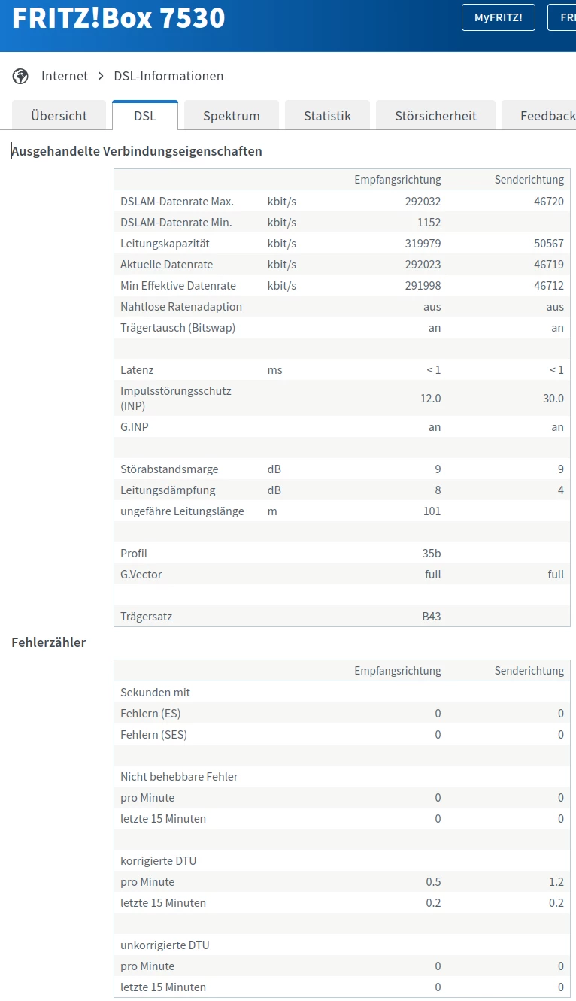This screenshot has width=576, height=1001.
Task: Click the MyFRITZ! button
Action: point(498,17)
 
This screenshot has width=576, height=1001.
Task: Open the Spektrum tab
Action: point(232,116)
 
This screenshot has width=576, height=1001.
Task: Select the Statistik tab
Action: point(327,116)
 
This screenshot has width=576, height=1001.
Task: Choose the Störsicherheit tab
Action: point(435,116)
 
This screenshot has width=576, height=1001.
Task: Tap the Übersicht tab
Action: point(59,116)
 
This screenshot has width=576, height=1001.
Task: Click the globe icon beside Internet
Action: point(20,76)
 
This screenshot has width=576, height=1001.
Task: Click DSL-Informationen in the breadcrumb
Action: point(168,76)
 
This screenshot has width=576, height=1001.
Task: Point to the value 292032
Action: point(424,202)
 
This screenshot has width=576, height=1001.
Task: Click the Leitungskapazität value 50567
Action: point(549,244)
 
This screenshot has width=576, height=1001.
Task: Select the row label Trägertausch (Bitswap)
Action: point(177,328)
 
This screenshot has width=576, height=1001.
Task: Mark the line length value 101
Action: point(432,511)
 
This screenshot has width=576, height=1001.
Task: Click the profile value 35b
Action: point(432,554)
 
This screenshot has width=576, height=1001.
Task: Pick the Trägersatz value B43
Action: point(432,617)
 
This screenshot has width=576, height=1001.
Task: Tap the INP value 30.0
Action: point(553,399)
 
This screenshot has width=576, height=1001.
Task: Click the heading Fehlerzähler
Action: point(49,642)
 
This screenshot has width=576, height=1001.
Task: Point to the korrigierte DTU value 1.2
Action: point(556,882)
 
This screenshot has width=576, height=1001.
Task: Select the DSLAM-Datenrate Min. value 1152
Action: point(428,223)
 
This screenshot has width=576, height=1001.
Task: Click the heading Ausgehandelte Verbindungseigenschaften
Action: point(137,151)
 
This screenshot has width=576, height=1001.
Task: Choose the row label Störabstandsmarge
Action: point(169,469)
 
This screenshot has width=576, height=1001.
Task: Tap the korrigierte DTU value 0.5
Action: point(433,882)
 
